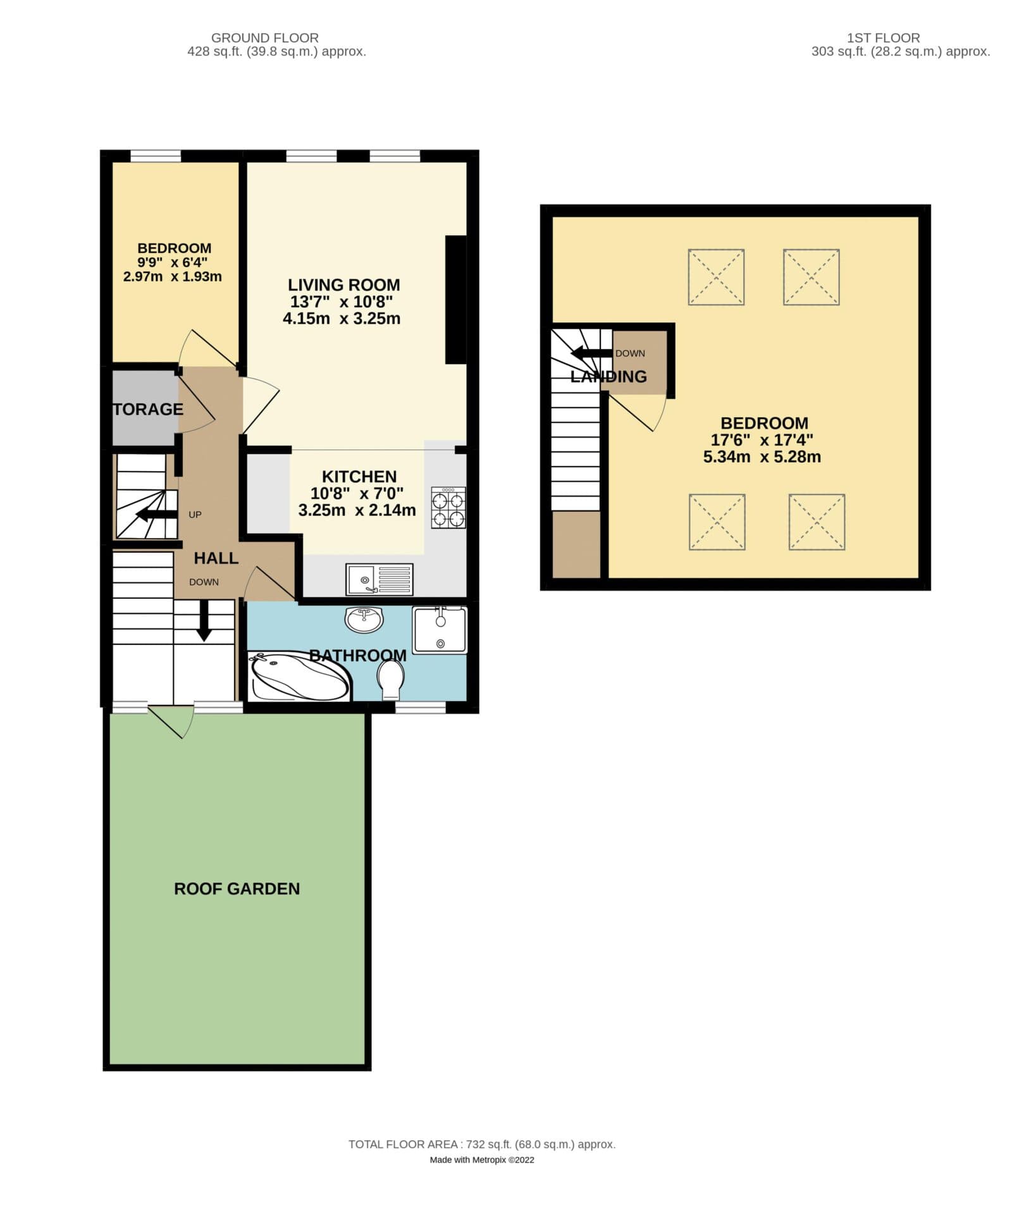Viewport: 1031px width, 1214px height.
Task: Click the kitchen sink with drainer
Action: point(380,579)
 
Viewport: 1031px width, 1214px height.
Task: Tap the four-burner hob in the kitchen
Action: point(448,508)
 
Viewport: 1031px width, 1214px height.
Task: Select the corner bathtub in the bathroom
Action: point(299,677)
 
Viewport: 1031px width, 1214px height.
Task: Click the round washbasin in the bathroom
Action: point(364,619)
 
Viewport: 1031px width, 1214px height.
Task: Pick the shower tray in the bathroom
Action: point(440,630)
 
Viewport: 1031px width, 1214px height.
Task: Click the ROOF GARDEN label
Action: point(237,889)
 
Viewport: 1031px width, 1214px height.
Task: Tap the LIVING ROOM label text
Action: point(343,285)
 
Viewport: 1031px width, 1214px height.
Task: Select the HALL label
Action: point(216,558)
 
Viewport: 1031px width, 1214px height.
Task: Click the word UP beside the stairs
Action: point(195,515)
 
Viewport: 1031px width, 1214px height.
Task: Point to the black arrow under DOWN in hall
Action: point(204,620)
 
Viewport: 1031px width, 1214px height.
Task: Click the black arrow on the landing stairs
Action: point(591,353)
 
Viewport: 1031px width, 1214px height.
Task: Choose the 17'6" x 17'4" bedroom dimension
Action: point(762,440)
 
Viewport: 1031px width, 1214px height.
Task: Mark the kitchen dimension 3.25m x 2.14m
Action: point(357,510)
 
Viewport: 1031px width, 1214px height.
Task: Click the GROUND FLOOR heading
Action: point(264,38)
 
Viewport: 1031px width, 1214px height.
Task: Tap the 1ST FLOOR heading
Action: point(883,38)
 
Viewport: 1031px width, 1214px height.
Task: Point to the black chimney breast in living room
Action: point(455,300)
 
